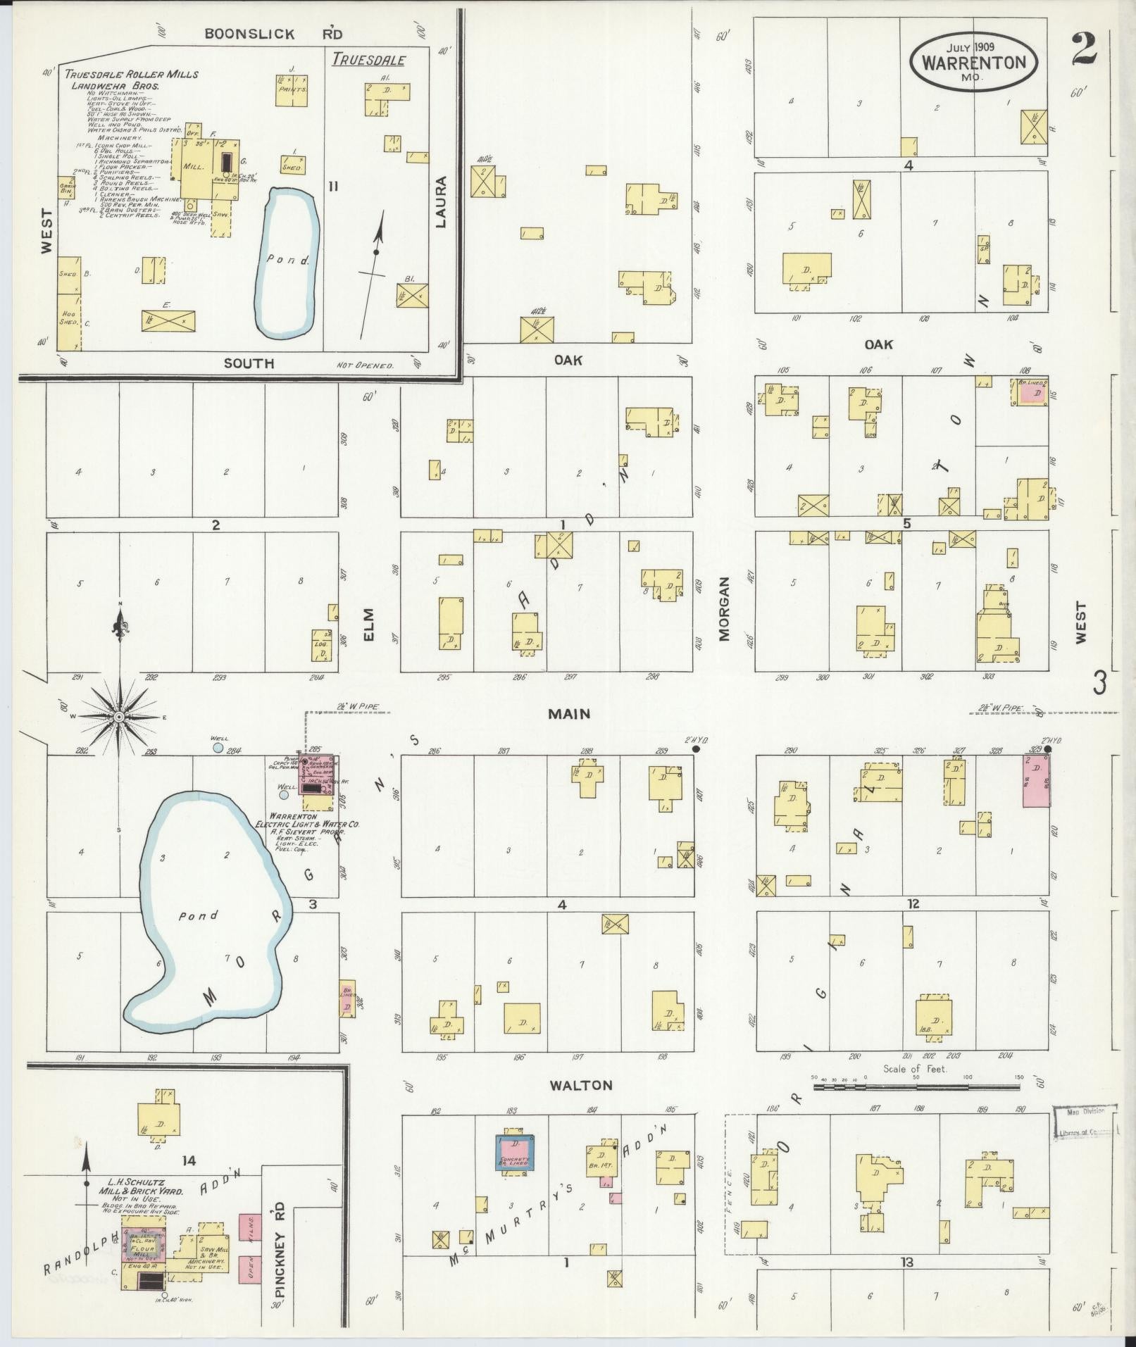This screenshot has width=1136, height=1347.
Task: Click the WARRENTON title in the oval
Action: click(974, 62)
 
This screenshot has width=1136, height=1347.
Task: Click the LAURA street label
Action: click(441, 201)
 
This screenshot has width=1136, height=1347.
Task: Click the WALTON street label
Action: click(581, 1085)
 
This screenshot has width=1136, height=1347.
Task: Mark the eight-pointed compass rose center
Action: click(119, 717)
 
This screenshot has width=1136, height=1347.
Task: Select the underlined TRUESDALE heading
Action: click(369, 60)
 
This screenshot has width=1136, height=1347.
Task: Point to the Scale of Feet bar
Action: click(916, 1107)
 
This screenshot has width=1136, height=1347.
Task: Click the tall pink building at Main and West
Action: click(1036, 781)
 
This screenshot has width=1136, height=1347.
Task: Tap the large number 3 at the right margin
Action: click(1099, 682)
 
